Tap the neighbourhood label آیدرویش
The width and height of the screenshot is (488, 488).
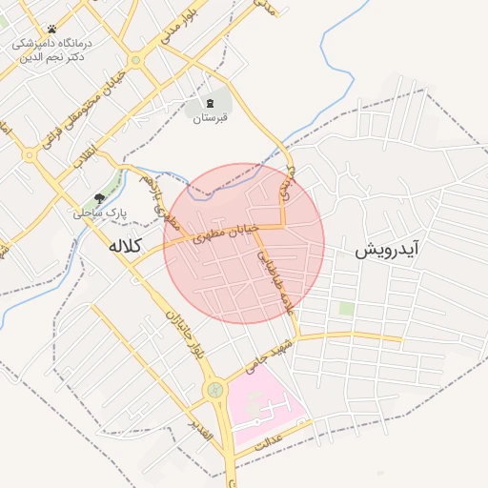pyautogui.click(x=388, y=251)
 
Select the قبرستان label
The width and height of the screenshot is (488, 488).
pyautogui.click(x=211, y=119)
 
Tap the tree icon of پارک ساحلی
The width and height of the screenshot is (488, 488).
pyautogui.click(x=99, y=198)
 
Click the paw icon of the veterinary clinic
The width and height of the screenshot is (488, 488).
pyautogui.click(x=51, y=30)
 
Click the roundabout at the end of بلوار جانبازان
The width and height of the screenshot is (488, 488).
pyautogui.click(x=215, y=389)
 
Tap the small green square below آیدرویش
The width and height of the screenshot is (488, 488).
pyautogui.click(x=346, y=309)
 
